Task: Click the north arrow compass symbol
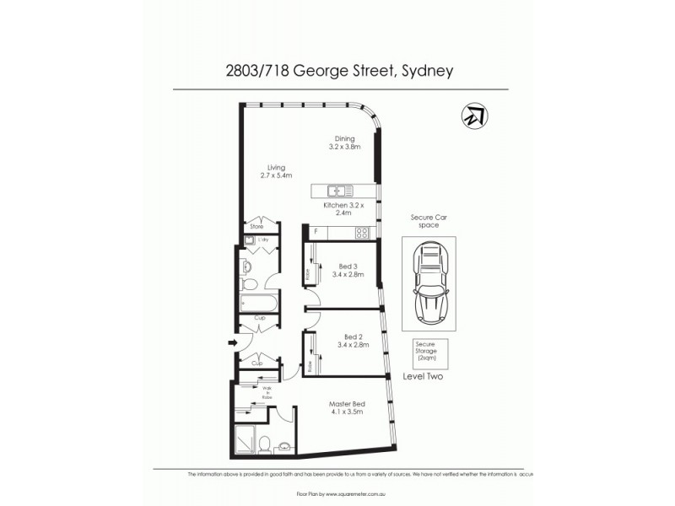coord(474,117)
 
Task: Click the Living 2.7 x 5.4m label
coord(276,173)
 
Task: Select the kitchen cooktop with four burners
coord(361,233)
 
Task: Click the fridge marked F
coord(316,232)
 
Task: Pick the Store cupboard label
coord(256,227)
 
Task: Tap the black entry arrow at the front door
coord(232,342)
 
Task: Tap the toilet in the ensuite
coord(265,444)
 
